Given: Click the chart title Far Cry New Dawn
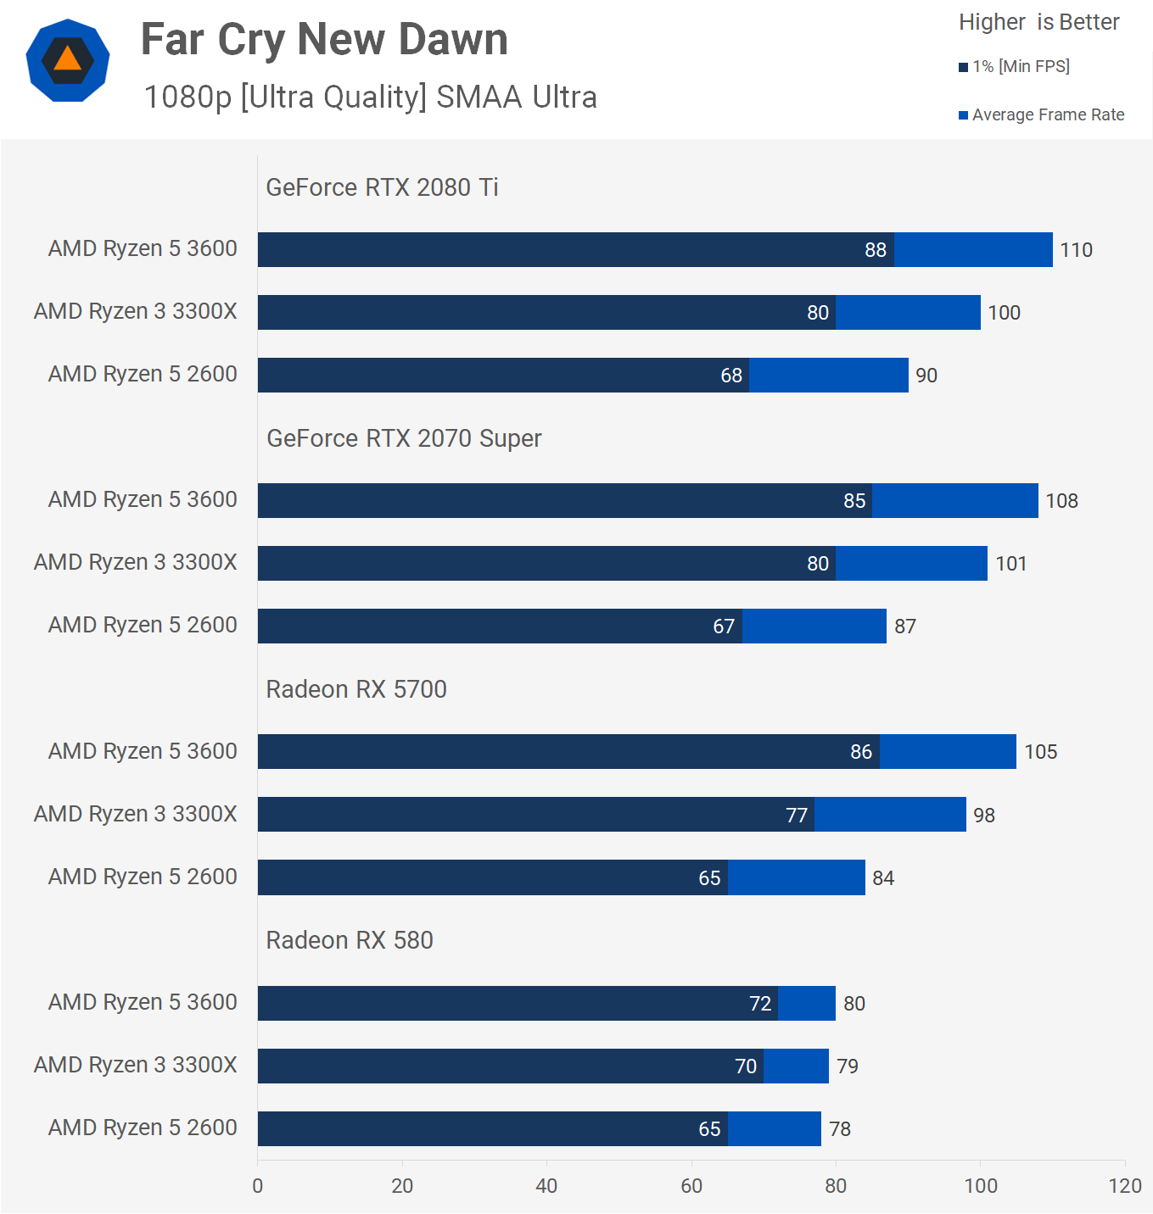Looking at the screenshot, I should coord(324,40).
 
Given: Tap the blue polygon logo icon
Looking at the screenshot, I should coord(68,60).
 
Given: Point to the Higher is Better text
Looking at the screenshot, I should coord(1038,22).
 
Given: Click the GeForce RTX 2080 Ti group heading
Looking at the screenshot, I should coord(382,187).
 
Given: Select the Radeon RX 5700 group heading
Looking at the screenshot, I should coord(356,689).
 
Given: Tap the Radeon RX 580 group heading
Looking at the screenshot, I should coord(350,940).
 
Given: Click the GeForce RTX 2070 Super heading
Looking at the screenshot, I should coord(404,438).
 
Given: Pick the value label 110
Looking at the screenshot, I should coord(1076,250).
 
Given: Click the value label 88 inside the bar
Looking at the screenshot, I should coord(876,250).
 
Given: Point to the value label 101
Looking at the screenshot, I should coord(1010,564).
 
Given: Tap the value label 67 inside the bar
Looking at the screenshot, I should coord(724,626).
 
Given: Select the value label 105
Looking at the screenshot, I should coord(1040,752).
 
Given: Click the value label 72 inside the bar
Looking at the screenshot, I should coord(760,1004).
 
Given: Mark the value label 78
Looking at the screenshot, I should coord(840,1129).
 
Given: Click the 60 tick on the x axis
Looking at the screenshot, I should coord(691,1186).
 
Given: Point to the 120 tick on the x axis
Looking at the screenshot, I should coord(1125,1186).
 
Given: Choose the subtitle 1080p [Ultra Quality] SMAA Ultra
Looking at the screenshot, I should coord(370,97).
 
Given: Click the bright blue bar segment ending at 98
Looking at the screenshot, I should coord(890,815).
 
